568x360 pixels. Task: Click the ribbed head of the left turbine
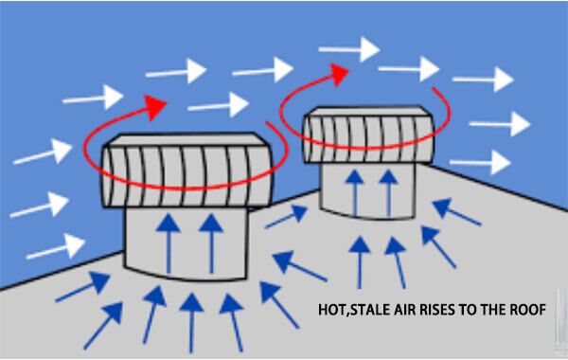tap(185, 171)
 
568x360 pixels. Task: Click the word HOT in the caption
tap(333, 308)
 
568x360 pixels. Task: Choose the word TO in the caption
tap(471, 308)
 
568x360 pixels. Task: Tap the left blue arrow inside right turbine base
tap(356, 190)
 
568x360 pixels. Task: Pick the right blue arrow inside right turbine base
tap(387, 190)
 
